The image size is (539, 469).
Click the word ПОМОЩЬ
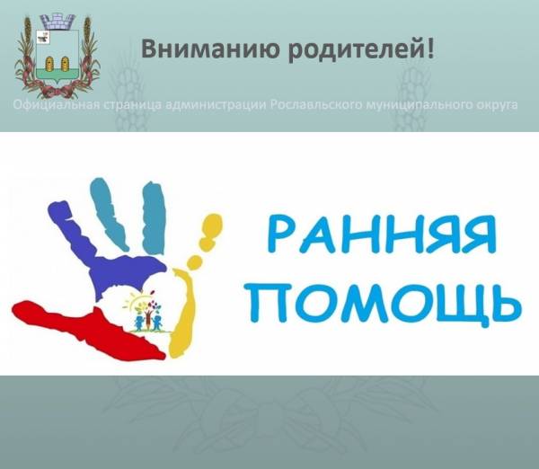393,304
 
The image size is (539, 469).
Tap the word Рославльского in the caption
316,106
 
